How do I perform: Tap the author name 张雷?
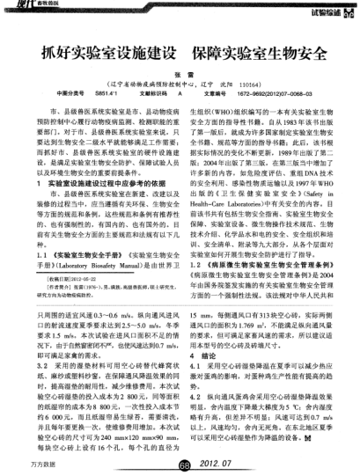[x=179, y=77]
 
